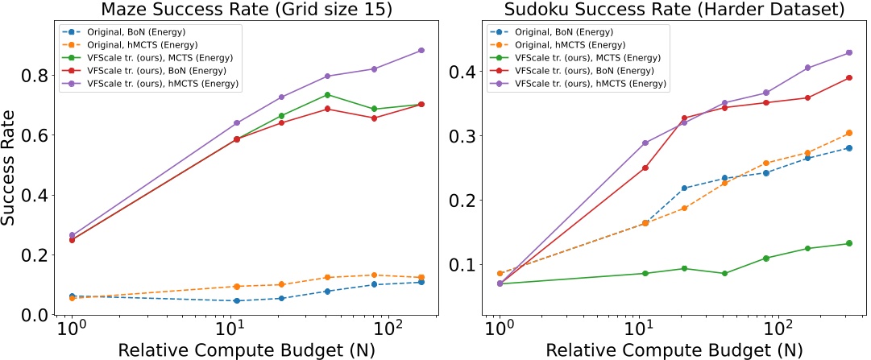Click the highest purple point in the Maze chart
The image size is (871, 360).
point(421,51)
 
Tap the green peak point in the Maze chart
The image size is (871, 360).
point(327,95)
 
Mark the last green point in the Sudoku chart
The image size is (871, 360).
point(846,243)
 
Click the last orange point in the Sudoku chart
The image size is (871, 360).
point(846,133)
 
